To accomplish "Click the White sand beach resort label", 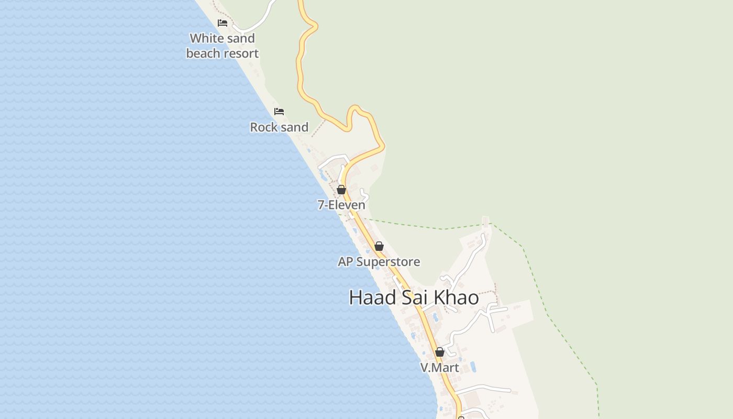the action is tap(222, 46).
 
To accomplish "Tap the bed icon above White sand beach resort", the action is tap(223, 23).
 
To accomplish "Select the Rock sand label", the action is tap(279, 127).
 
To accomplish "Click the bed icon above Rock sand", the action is tap(279, 112).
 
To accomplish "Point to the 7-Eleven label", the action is tap(341, 205).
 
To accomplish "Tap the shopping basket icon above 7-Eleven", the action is tap(341, 190).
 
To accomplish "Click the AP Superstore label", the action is tap(379, 261).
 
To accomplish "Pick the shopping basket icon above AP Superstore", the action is tap(379, 246).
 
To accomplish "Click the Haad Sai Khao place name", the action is tap(414, 297).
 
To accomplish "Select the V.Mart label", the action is tap(439, 368).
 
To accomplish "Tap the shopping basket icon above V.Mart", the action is tap(440, 352).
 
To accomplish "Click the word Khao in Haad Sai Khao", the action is tap(456, 297).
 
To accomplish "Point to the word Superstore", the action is tap(388, 261).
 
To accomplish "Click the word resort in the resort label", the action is tap(241, 53).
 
